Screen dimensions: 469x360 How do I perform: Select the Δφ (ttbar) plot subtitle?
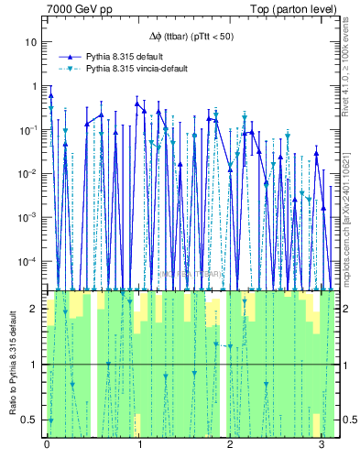191,37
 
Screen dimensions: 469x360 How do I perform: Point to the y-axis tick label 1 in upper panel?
35,86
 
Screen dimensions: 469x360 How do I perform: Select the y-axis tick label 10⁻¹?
30,129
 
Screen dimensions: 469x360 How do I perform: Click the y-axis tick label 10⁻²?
30,173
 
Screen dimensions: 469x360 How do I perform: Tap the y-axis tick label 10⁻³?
30,217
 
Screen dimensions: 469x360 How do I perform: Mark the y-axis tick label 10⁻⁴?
30,261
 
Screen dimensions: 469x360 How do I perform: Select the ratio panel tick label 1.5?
31,336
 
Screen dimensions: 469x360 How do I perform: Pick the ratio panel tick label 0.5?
31,420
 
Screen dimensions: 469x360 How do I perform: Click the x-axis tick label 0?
47,446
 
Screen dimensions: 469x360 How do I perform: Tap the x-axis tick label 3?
321,446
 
